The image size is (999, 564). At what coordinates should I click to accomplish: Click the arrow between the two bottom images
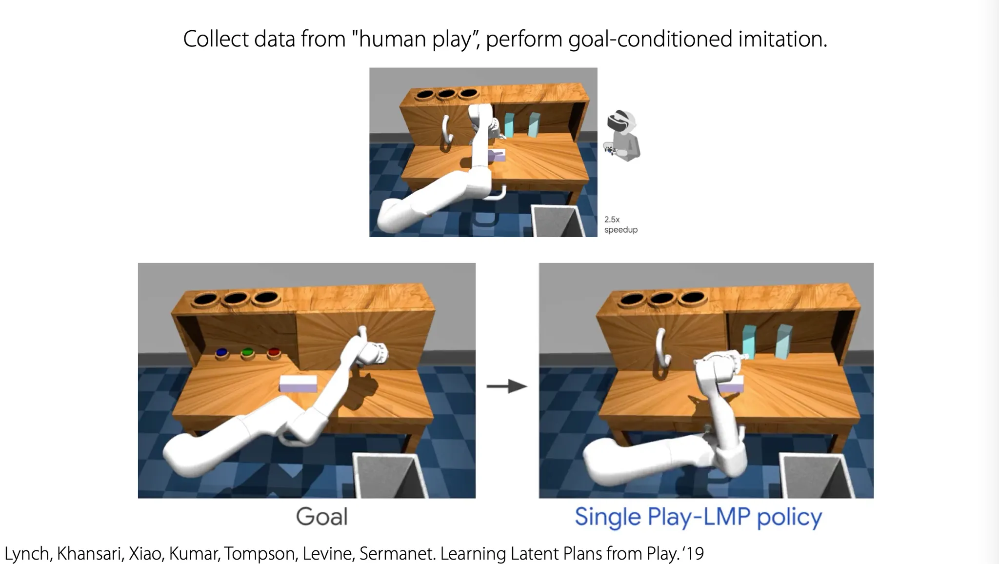(507, 386)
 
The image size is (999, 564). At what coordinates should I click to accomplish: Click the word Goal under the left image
(322, 517)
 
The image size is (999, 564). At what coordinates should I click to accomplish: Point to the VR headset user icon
(622, 137)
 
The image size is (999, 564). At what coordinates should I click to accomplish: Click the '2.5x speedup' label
(620, 224)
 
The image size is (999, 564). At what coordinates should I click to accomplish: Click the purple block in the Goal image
(298, 383)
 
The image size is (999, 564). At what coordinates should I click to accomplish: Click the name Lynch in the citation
(26, 554)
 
